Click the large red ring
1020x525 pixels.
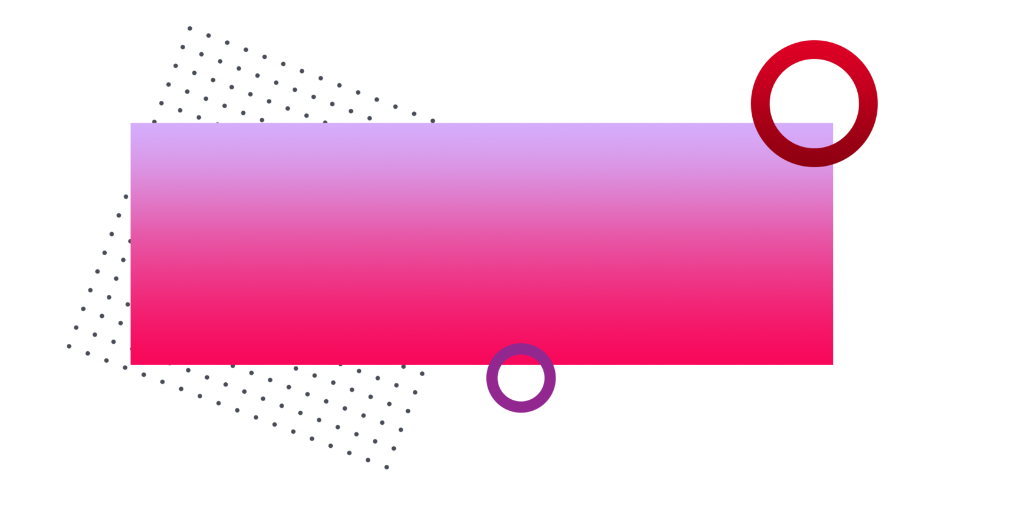(761, 103)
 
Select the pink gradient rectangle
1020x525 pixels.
(425, 243)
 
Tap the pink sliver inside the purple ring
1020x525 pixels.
(521, 360)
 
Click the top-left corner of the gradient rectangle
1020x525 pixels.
(131, 122)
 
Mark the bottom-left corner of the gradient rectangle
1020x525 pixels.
(131, 365)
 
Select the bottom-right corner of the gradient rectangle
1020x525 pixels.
(833, 365)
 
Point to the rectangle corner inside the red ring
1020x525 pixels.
(833, 122)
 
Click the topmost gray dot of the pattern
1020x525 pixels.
(189, 28)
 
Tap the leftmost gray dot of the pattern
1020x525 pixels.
(69, 346)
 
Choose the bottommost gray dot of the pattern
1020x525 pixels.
(387, 467)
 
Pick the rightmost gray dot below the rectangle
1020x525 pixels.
(422, 374)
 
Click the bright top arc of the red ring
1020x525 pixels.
(814, 49)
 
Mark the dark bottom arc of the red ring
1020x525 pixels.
(814, 157)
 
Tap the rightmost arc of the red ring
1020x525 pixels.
(868, 103)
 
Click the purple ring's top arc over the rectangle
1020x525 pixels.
(521, 349)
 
